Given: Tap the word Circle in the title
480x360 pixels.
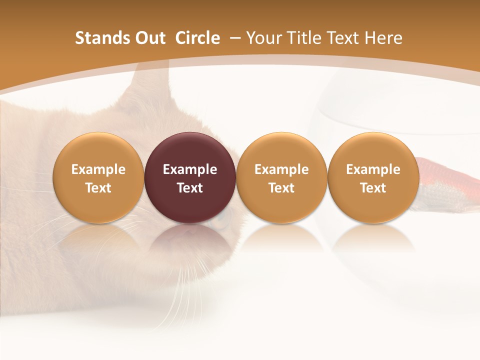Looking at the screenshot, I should (197, 38).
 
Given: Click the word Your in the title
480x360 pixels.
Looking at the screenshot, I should (262, 38).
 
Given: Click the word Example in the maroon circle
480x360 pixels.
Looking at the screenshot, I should (190, 169).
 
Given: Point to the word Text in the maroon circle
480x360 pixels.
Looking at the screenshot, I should (190, 188).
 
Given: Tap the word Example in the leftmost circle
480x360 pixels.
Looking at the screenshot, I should (98, 169).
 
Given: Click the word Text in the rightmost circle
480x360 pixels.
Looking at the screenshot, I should (373, 188).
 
